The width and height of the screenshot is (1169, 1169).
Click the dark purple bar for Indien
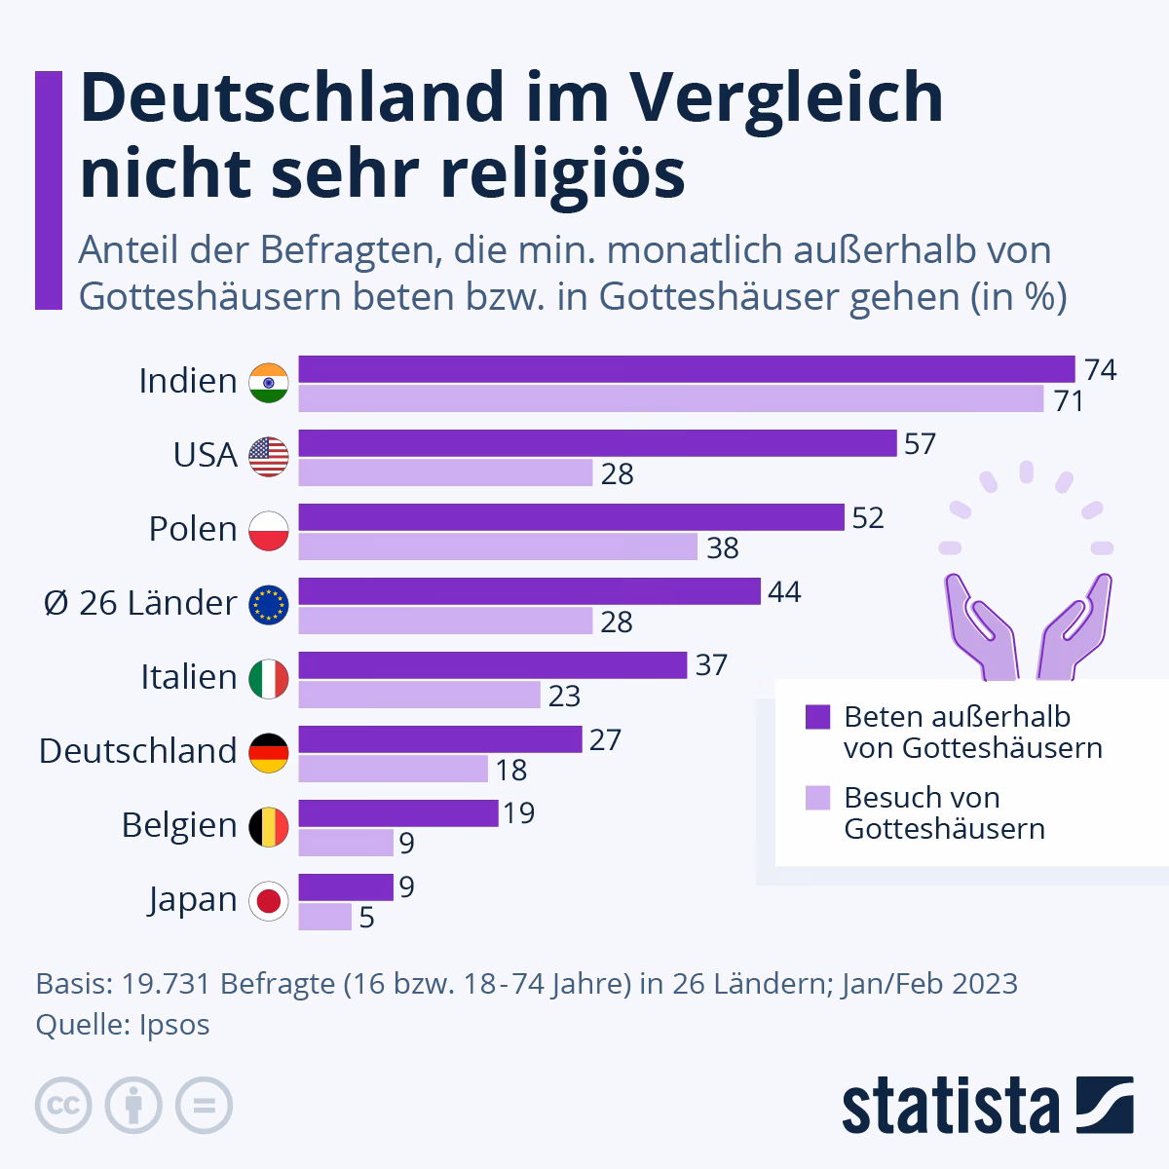pyautogui.click(x=686, y=369)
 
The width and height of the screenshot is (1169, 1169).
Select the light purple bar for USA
pyautogui.click(x=445, y=473)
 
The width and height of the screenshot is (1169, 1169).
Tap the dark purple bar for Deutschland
pyautogui.click(x=439, y=739)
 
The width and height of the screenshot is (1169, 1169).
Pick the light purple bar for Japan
pyautogui.click(x=324, y=917)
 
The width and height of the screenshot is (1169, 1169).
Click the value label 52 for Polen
pyautogui.click(x=868, y=517)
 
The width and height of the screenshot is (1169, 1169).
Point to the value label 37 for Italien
pyautogui.click(x=712, y=665)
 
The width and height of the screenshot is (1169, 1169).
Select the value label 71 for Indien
pyautogui.click(x=1069, y=399)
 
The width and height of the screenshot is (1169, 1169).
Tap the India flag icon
pyautogui.click(x=269, y=382)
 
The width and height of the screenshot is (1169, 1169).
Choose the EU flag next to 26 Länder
pyautogui.click(x=269, y=604)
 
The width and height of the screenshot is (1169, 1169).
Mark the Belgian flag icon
pyautogui.click(x=269, y=826)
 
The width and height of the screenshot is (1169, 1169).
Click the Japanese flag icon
pyautogui.click(x=269, y=900)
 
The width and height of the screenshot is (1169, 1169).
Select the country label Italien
pyautogui.click(x=189, y=677)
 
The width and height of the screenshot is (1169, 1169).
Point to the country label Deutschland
pyautogui.click(x=138, y=751)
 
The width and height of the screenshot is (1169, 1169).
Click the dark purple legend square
pyautogui.click(x=817, y=717)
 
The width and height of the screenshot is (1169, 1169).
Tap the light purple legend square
pyautogui.click(x=817, y=798)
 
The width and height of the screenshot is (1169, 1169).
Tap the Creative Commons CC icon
pyautogui.click(x=63, y=1106)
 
